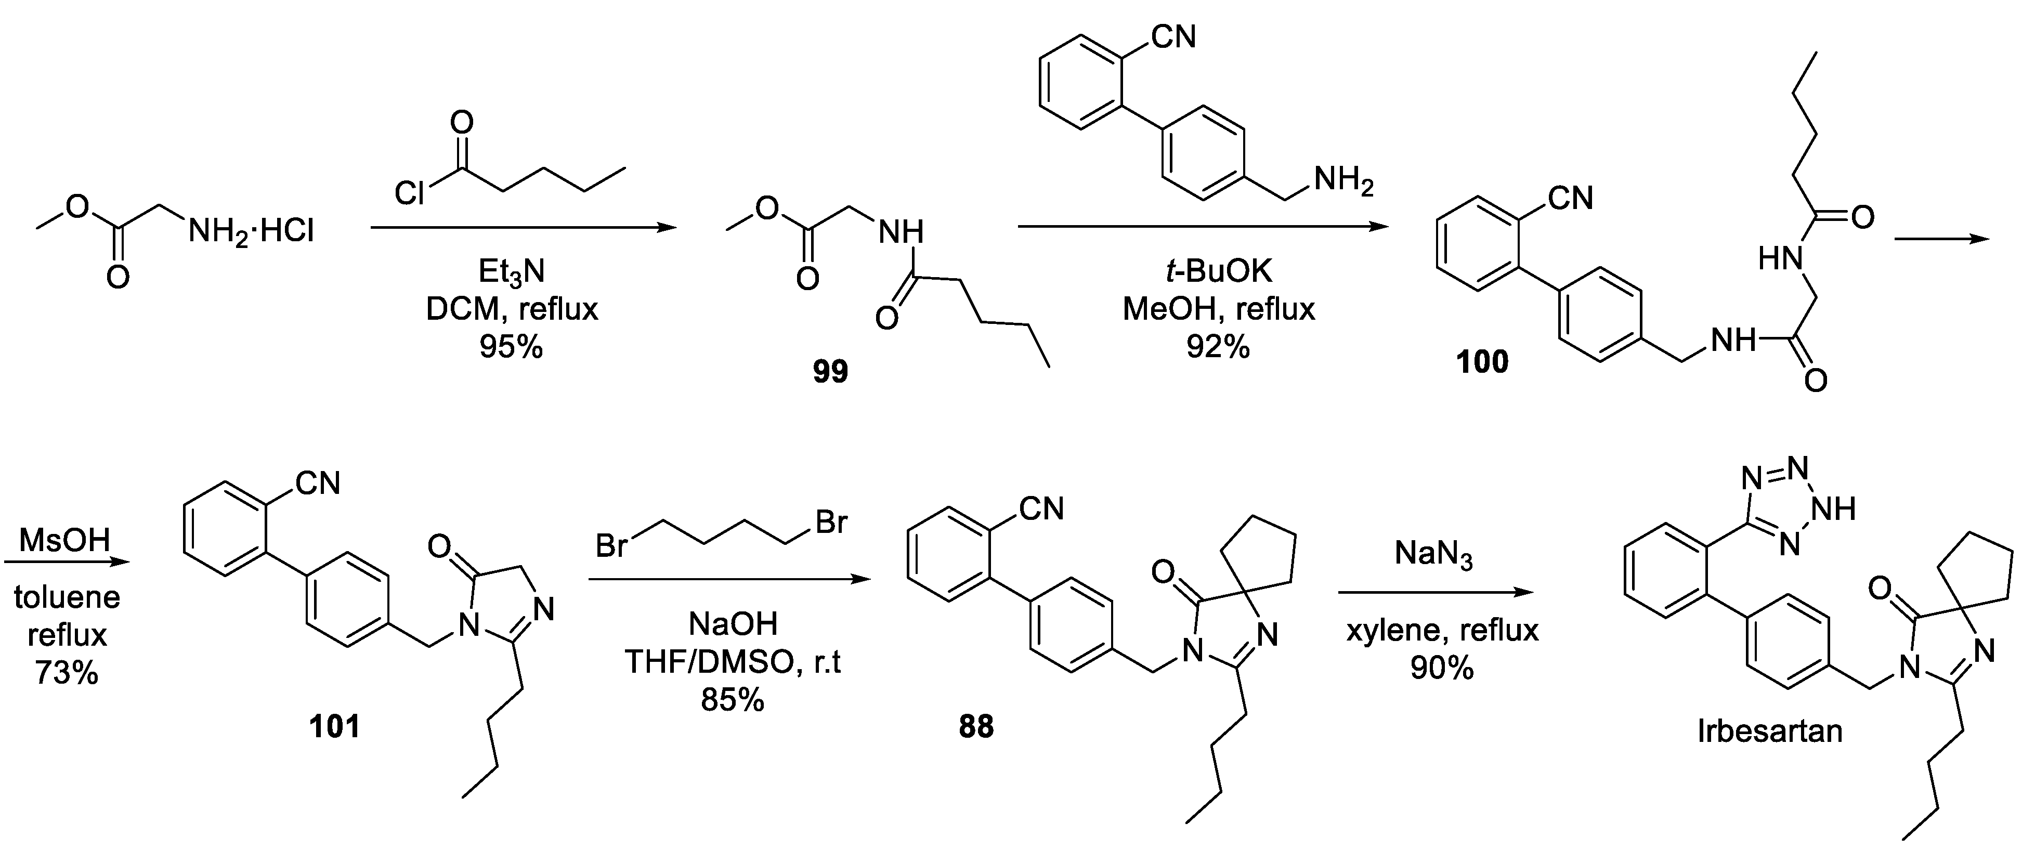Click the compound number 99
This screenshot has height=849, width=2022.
point(830,372)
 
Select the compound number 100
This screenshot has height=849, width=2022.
point(1482,362)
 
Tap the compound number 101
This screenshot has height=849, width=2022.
point(335,727)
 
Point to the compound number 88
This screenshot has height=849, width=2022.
point(976,727)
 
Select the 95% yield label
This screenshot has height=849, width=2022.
point(511,346)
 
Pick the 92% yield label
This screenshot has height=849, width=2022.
point(1218,346)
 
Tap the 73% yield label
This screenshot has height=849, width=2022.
point(67,672)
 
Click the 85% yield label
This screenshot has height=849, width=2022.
point(733,700)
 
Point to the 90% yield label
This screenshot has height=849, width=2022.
point(1442,668)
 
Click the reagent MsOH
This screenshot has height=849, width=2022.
point(64,541)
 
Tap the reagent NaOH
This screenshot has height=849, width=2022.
point(733,624)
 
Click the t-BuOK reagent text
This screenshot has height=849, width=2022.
point(1218,271)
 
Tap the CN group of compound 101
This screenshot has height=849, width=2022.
point(317,484)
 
